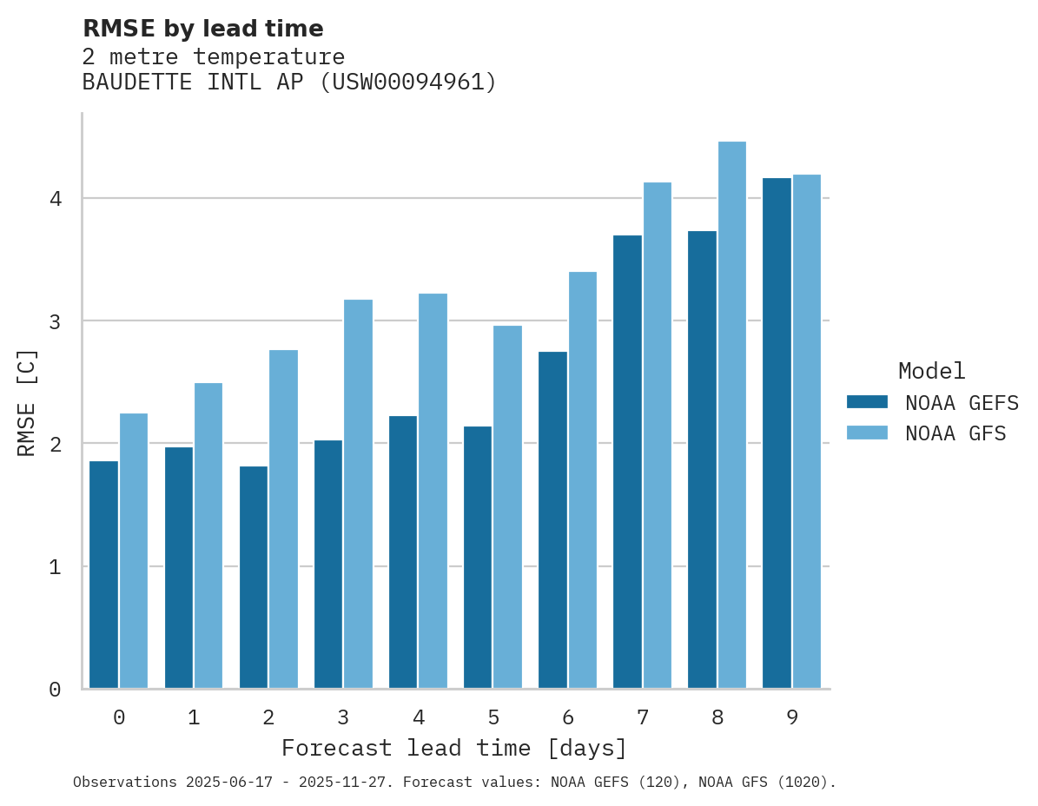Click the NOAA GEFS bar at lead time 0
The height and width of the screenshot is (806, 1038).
[103, 575]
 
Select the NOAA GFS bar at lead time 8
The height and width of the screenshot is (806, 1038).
[732, 415]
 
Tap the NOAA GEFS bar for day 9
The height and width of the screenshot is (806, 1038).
[777, 433]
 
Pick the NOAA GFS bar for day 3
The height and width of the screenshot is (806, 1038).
[358, 494]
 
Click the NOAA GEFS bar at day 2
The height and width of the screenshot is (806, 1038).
[254, 578]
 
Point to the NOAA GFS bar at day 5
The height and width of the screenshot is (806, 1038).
[507, 507]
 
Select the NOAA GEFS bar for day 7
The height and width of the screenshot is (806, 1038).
[627, 462]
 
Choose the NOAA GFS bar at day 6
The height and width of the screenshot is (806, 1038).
[582, 480]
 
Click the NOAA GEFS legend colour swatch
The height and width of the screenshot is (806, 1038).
[867, 402]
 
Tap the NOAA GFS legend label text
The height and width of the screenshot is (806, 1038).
[955, 433]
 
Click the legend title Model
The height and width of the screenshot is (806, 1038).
[931, 372]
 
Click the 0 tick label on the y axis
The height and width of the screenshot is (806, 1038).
[55, 690]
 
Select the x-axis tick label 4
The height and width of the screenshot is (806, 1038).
[419, 718]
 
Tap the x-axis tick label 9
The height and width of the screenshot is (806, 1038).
[792, 718]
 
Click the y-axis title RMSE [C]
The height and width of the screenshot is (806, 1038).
[27, 402]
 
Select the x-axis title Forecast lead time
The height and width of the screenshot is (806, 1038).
[453, 749]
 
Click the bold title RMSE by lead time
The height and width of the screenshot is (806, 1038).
[202, 29]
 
